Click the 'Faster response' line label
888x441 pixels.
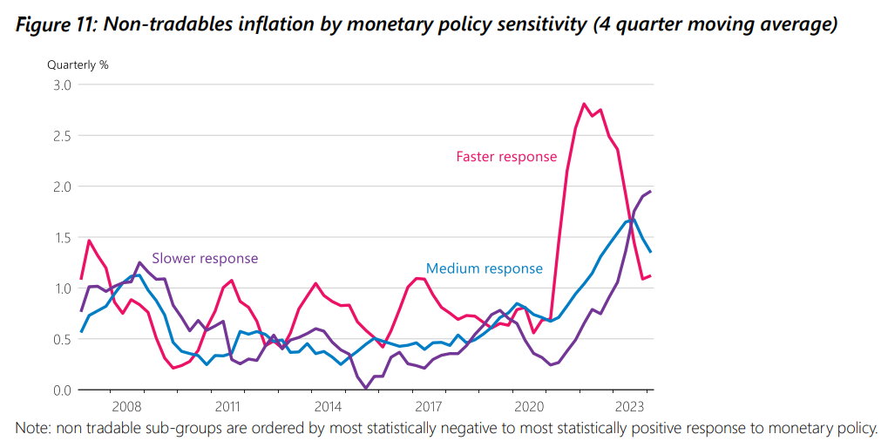click(x=506, y=157)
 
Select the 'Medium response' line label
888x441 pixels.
click(x=484, y=268)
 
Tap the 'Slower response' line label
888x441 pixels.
click(x=205, y=258)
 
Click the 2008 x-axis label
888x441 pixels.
click(x=126, y=406)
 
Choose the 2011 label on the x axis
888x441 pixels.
click(x=227, y=406)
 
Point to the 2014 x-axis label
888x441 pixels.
click(x=328, y=406)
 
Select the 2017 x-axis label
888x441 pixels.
click(x=429, y=406)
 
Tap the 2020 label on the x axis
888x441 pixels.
click(x=529, y=406)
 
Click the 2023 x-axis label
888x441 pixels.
click(x=629, y=406)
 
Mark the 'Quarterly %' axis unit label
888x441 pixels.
click(x=78, y=64)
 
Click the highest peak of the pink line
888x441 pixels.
click(x=584, y=104)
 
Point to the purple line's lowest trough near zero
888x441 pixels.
click(x=366, y=388)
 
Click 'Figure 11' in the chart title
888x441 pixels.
click(x=56, y=24)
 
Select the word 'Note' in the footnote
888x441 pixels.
click(x=32, y=428)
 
